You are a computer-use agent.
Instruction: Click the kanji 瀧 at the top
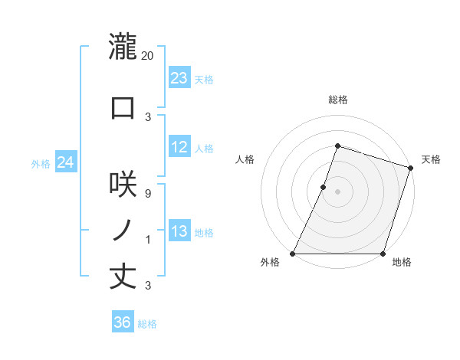[123, 47]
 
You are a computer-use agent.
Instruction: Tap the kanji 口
[123, 108]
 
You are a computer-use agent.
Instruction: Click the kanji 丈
[123, 277]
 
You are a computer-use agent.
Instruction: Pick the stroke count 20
[149, 55]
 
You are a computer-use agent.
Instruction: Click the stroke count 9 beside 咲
[148, 193]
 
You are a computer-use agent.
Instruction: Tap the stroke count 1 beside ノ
[148, 240]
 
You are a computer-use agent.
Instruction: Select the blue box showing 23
[179, 77]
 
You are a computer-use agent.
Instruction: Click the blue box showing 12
[179, 147]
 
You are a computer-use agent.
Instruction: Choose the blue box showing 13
[179, 231]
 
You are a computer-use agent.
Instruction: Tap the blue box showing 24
[66, 162]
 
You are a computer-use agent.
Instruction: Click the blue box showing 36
[123, 322]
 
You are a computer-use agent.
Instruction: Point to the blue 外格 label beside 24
[41, 163]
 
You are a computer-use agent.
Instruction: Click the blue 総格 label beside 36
[147, 324]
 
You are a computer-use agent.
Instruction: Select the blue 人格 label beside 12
[204, 148]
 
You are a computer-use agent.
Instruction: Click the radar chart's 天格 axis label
[431, 159]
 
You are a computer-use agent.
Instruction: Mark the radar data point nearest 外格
[293, 254]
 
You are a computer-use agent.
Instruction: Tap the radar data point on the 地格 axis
[383, 254]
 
